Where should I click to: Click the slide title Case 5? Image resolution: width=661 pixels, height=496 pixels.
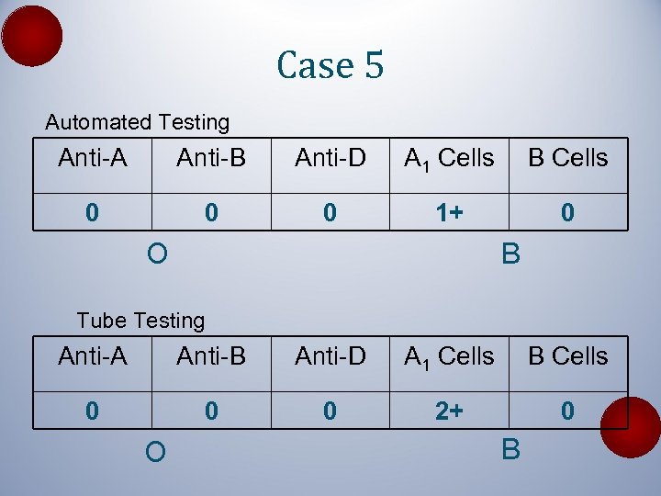point(330,66)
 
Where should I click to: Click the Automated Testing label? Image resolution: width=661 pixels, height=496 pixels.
point(138,122)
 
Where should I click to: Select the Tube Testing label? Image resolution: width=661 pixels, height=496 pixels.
point(140,321)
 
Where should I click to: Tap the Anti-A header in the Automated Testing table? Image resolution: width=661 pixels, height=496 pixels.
point(92,158)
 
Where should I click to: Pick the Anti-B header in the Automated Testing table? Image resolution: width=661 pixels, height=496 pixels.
point(211,158)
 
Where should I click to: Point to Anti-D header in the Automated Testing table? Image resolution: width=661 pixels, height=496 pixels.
point(330,158)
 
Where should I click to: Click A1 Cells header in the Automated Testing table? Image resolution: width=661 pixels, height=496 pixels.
point(449,159)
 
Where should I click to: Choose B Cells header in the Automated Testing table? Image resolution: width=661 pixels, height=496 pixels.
point(567,158)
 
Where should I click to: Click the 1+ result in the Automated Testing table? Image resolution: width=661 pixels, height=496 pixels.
point(449,213)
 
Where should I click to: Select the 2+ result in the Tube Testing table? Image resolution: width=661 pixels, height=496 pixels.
point(449,411)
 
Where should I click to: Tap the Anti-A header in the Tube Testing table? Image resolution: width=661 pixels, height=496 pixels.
point(92,355)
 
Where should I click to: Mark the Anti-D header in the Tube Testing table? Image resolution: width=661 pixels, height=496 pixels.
point(330,355)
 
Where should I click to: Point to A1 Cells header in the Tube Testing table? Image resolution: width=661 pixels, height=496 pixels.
point(449,356)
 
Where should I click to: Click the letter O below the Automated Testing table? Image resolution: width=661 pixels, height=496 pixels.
point(156,252)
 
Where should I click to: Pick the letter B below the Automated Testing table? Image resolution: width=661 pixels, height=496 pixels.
point(510,253)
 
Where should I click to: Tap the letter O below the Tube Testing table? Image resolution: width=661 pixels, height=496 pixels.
point(156,452)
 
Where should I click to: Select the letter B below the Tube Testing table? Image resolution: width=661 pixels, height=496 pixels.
point(510,450)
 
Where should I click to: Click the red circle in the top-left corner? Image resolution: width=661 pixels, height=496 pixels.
point(32,36)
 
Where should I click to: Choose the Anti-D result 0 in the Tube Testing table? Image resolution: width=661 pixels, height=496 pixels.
point(330,411)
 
